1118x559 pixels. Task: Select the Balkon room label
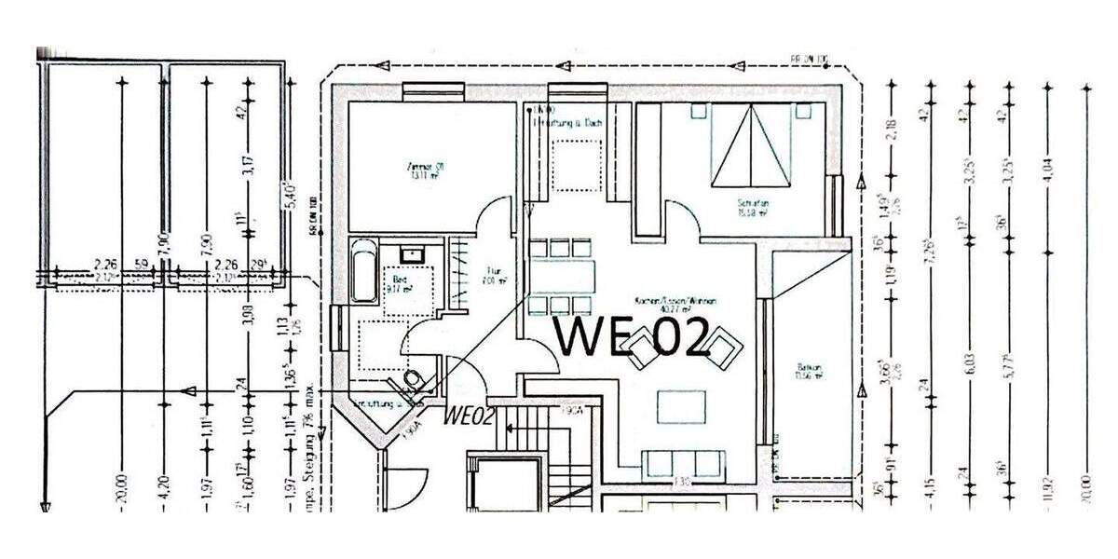point(808,371)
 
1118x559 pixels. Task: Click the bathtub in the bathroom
point(362,270)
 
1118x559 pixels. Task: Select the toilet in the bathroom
point(414,379)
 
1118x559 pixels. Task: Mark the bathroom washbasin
point(411,253)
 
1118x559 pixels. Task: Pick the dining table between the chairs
point(562,277)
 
